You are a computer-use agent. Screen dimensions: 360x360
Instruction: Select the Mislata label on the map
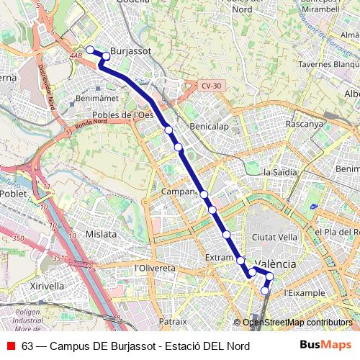[x=101, y=234]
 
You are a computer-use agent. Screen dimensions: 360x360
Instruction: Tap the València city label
[x=274, y=264]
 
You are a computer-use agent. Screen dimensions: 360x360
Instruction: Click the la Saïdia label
[x=281, y=172]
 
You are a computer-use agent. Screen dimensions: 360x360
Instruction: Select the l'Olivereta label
[x=155, y=268]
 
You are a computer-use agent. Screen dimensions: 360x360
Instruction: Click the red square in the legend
[x=11, y=346]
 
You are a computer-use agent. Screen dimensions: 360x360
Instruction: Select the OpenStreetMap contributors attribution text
[x=297, y=323]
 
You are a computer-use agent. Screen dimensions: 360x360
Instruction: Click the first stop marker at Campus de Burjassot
[x=90, y=50]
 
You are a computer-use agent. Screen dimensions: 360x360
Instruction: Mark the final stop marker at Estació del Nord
[x=265, y=292]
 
